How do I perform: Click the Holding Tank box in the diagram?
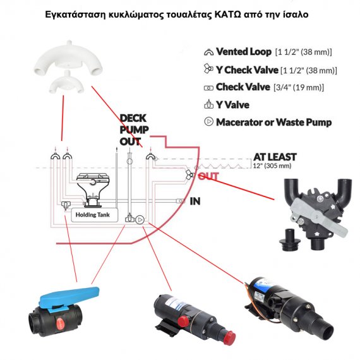[x=95, y=215]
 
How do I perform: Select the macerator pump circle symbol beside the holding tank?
[x=140, y=220]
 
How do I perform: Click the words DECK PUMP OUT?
[x=134, y=130]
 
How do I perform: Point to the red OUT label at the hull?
[x=208, y=176]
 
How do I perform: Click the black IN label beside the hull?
[x=195, y=201]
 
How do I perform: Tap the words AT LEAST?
[x=275, y=157]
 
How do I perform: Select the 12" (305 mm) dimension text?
[x=272, y=165]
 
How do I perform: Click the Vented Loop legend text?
[x=244, y=52]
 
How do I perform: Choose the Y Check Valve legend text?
[x=247, y=70]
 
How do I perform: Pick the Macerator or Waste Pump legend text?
[x=273, y=122]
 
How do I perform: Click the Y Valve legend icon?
[x=208, y=104]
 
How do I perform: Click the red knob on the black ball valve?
[x=61, y=323]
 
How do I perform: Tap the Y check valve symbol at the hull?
[x=190, y=175]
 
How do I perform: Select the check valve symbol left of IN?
[x=181, y=201]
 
